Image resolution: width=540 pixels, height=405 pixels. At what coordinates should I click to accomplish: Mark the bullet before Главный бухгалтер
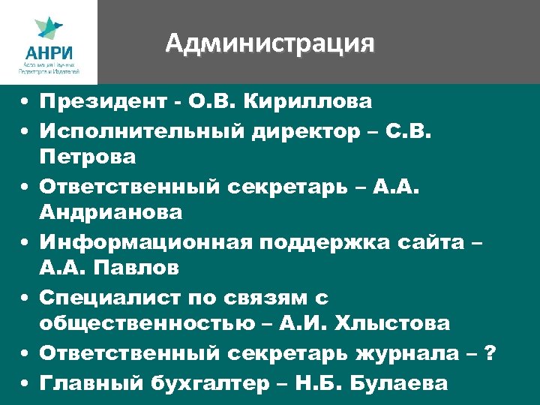pyautogui.click(x=25, y=382)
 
